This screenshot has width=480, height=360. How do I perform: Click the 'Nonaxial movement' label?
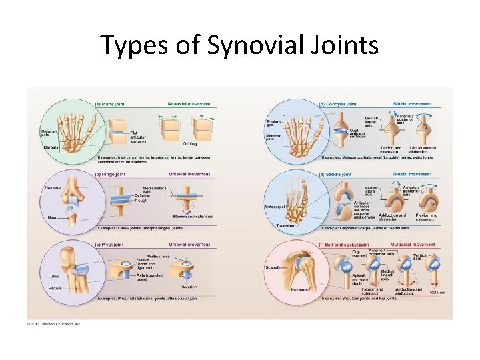tap(189, 104)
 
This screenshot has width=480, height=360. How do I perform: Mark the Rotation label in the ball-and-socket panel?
tap(437, 292)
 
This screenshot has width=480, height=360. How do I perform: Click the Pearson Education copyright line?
tap(54, 324)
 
